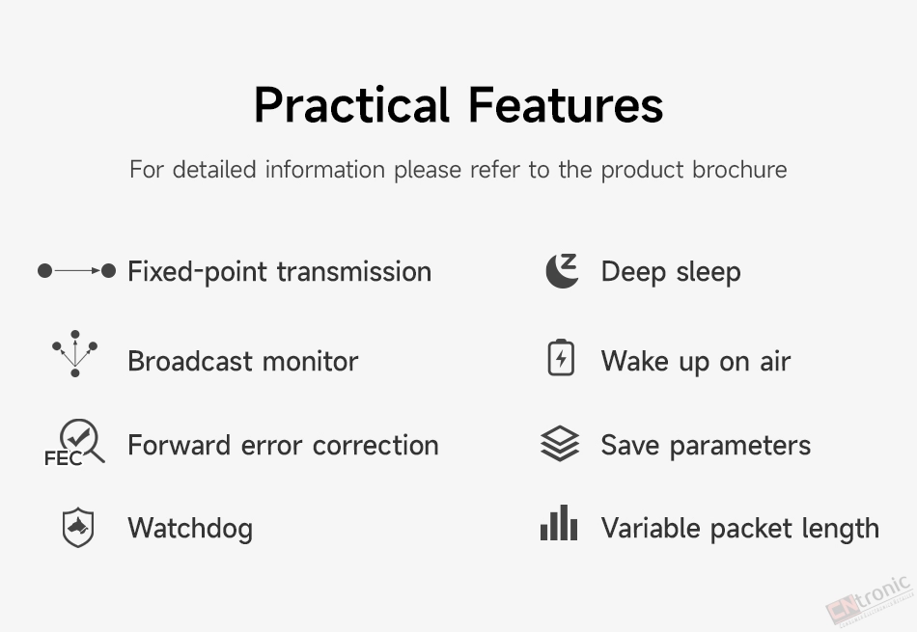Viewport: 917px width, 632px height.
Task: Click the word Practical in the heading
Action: [x=352, y=104]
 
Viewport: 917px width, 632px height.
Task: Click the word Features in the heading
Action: [x=566, y=104]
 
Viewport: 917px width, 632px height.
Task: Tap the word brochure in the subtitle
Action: [x=739, y=170]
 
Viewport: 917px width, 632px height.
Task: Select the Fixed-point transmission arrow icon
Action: [x=76, y=271]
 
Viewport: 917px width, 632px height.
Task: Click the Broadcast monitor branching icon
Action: [x=75, y=354]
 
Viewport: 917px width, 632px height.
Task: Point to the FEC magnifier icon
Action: [x=75, y=443]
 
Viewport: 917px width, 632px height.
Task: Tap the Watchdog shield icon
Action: [x=78, y=528]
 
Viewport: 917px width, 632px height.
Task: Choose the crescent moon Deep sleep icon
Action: [x=562, y=271]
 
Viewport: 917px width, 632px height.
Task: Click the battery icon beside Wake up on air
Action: [x=561, y=357]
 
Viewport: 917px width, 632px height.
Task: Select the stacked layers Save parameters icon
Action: [x=560, y=443]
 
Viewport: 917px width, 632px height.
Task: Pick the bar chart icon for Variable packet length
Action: [x=559, y=523]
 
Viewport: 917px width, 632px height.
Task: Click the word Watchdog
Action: [x=191, y=529]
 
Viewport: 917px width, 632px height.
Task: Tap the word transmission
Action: [x=354, y=272]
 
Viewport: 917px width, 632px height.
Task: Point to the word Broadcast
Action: [x=191, y=361]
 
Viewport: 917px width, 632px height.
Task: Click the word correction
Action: [x=376, y=446]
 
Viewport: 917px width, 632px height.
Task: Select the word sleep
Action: [x=709, y=272]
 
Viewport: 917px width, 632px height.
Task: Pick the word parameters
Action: [x=740, y=446]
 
